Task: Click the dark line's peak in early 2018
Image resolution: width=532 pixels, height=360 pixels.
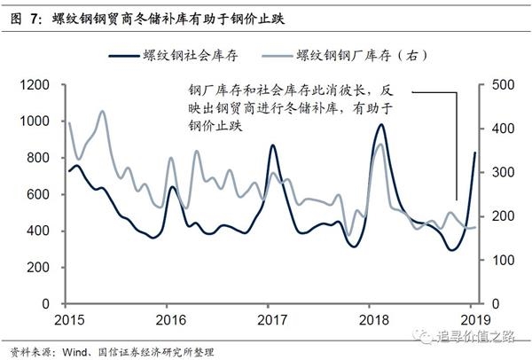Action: pos(380,125)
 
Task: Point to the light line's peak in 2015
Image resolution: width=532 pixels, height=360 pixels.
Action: pos(102,112)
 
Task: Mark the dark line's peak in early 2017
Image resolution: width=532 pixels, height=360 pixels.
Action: pos(272,145)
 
